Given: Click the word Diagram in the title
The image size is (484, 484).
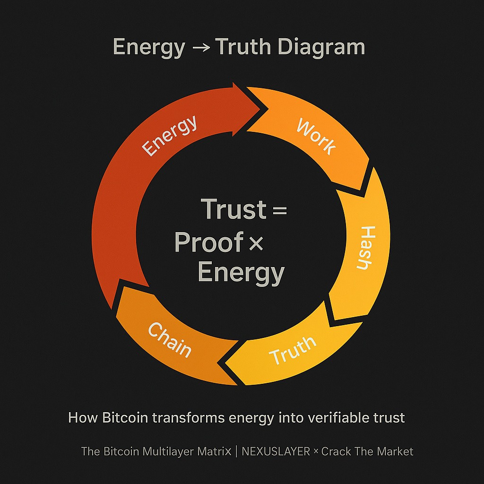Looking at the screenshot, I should [x=321, y=48].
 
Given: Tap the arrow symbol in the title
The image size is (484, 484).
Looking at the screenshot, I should [x=199, y=48].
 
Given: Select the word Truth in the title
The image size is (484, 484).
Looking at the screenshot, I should [x=244, y=48].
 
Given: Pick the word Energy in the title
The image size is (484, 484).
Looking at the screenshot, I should [x=149, y=48].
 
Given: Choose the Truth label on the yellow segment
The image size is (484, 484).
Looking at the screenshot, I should [x=293, y=350].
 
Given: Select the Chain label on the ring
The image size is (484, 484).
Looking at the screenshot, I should [x=170, y=340].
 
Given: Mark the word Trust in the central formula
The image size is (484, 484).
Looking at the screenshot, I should [x=233, y=209].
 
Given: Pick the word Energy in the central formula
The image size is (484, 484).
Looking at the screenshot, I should [x=241, y=273].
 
